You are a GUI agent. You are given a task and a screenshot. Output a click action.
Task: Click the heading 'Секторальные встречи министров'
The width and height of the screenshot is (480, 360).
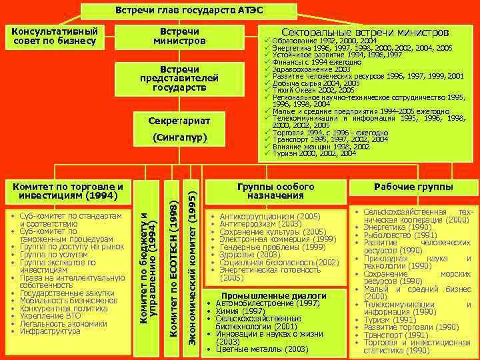[365, 32]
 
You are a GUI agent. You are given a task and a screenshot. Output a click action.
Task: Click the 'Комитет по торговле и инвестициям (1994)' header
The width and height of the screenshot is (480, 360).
[63, 191]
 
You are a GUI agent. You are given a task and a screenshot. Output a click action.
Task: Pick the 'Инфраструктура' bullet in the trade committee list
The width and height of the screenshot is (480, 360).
[47, 331]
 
